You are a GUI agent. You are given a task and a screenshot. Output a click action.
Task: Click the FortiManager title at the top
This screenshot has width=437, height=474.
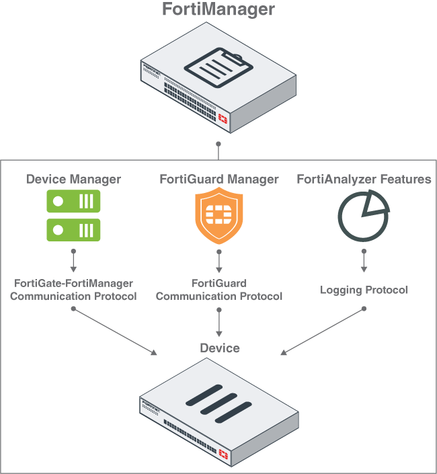point(218,10)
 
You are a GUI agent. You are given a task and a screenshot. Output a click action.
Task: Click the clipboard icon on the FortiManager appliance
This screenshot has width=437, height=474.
point(218,68)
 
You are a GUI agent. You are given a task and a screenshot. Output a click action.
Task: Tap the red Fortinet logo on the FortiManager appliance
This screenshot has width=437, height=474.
point(223,119)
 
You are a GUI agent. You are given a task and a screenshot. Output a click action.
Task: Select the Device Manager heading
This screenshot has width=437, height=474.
point(73,179)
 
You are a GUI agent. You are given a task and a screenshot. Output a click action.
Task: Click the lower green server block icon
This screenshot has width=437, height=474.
point(73,229)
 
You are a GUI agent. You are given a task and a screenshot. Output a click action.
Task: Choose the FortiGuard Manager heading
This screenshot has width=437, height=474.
point(218,179)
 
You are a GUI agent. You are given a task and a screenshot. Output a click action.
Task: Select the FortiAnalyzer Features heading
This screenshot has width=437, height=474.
point(364,179)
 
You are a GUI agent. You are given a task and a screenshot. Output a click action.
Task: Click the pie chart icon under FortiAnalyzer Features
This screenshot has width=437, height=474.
point(363,216)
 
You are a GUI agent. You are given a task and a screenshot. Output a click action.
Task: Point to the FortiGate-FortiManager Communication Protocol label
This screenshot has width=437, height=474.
point(73,290)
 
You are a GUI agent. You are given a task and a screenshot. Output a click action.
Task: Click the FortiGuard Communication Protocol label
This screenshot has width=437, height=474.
point(219,290)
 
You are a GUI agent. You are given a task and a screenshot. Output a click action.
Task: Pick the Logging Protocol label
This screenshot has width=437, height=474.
point(364,290)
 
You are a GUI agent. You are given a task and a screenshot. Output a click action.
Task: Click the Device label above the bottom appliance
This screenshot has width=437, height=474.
point(219,348)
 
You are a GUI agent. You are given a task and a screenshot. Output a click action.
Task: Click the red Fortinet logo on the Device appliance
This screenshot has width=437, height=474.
point(223,456)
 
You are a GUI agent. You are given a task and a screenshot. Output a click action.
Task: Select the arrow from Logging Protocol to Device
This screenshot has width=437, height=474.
point(323,331)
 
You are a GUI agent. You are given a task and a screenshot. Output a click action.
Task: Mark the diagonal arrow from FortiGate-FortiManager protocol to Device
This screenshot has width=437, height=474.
point(114,331)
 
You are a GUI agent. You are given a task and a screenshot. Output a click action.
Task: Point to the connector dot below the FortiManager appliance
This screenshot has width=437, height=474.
point(218,144)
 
